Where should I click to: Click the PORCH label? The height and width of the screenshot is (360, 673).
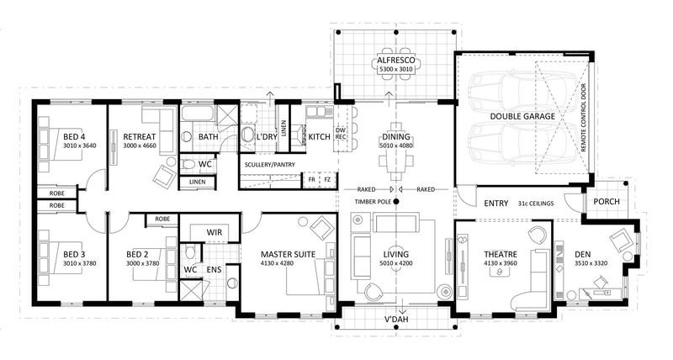tap(607, 202)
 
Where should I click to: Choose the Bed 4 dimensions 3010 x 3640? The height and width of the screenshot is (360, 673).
tap(78, 145)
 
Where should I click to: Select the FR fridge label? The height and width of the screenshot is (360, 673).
tap(312, 179)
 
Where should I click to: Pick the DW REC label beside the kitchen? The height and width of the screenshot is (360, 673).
tap(342, 135)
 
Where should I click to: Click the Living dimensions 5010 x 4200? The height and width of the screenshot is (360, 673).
tap(395, 264)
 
